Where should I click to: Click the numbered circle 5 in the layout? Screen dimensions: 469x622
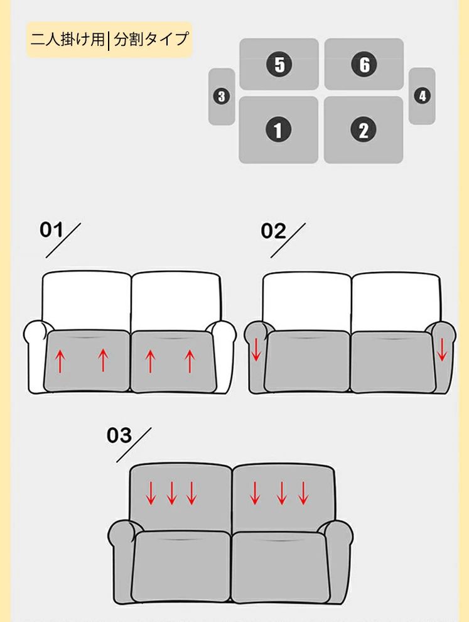[279, 64]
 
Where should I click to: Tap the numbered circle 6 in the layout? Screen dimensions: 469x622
[364, 64]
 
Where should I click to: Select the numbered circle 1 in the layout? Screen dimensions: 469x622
[278, 129]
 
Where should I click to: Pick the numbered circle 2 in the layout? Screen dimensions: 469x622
[363, 129]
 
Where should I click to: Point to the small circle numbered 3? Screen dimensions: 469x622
[222, 96]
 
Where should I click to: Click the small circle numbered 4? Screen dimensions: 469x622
[422, 95]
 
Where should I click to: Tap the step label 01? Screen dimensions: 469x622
[51, 230]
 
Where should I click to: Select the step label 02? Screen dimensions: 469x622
[273, 231]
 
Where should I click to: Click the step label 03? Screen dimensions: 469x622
[119, 435]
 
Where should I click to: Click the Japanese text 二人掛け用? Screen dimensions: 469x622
[67, 40]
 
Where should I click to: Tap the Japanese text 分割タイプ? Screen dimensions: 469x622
[151, 40]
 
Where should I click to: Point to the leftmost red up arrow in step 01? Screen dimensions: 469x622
[60, 361]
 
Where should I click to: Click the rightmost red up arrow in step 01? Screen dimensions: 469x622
[190, 361]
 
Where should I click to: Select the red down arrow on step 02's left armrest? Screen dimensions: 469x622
[256, 349]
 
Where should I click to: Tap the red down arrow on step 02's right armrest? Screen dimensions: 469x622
[441, 349]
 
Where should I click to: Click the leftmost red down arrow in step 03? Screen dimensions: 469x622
[151, 493]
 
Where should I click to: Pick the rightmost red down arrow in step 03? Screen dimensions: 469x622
[303, 493]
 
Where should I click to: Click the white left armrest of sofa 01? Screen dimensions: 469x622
[35, 356]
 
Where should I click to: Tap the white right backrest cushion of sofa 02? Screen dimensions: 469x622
[396, 302]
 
